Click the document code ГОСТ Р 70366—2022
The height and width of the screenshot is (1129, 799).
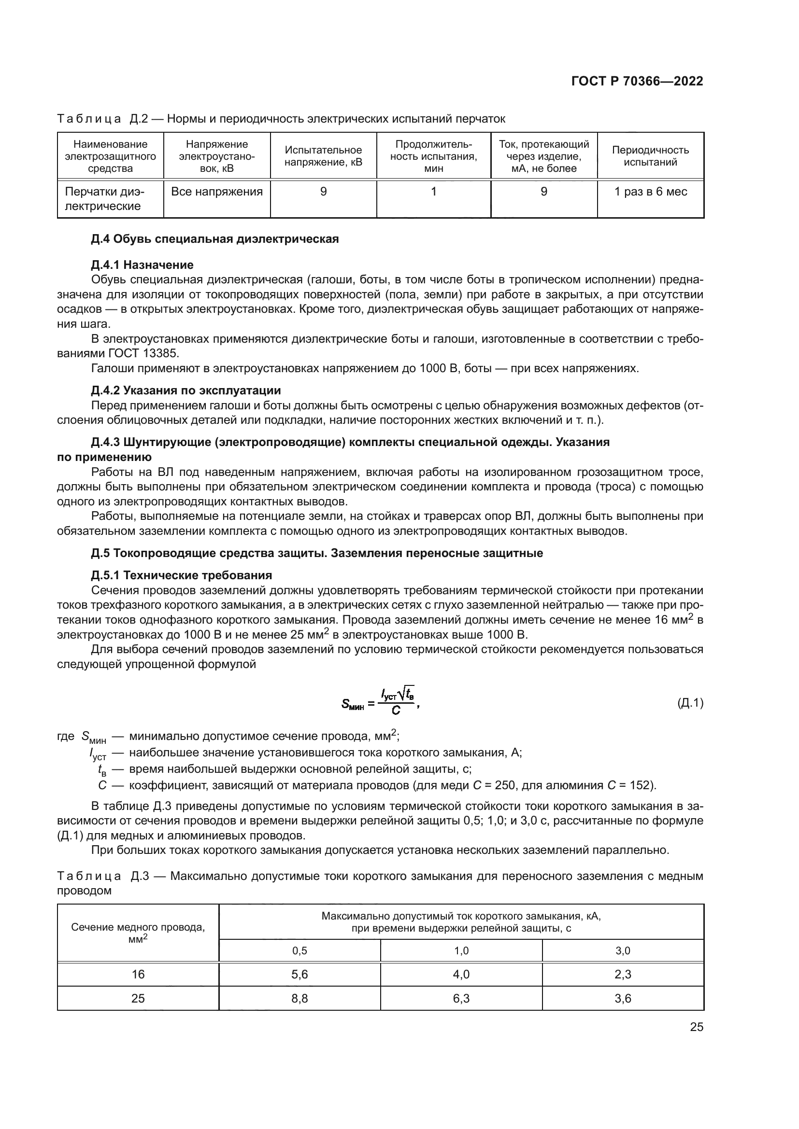pyautogui.click(x=637, y=82)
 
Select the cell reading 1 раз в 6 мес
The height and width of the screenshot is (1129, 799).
pyautogui.click(x=650, y=192)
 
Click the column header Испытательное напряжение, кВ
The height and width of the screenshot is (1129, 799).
pyautogui.click(x=323, y=156)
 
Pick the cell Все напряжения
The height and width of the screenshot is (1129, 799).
pyautogui.click(x=217, y=192)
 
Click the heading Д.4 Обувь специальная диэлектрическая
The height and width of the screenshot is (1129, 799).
pyautogui.click(x=215, y=239)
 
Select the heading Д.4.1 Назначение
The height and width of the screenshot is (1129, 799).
pyautogui.click(x=142, y=265)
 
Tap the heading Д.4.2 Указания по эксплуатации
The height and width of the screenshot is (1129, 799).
pyautogui.click(x=186, y=390)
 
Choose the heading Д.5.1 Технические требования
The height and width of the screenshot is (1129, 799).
pyautogui.click(x=182, y=575)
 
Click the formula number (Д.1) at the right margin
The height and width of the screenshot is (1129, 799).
pyautogui.click(x=690, y=704)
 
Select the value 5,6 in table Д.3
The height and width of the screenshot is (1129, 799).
pyautogui.click(x=300, y=975)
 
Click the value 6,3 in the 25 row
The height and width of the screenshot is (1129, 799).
pyautogui.click(x=461, y=998)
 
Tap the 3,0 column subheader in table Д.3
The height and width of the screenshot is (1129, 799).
pyautogui.click(x=623, y=951)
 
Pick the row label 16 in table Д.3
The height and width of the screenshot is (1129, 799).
pyautogui.click(x=138, y=975)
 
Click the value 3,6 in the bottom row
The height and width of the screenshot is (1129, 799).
pyautogui.click(x=623, y=998)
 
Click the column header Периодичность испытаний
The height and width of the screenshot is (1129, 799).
pyautogui.click(x=650, y=156)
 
